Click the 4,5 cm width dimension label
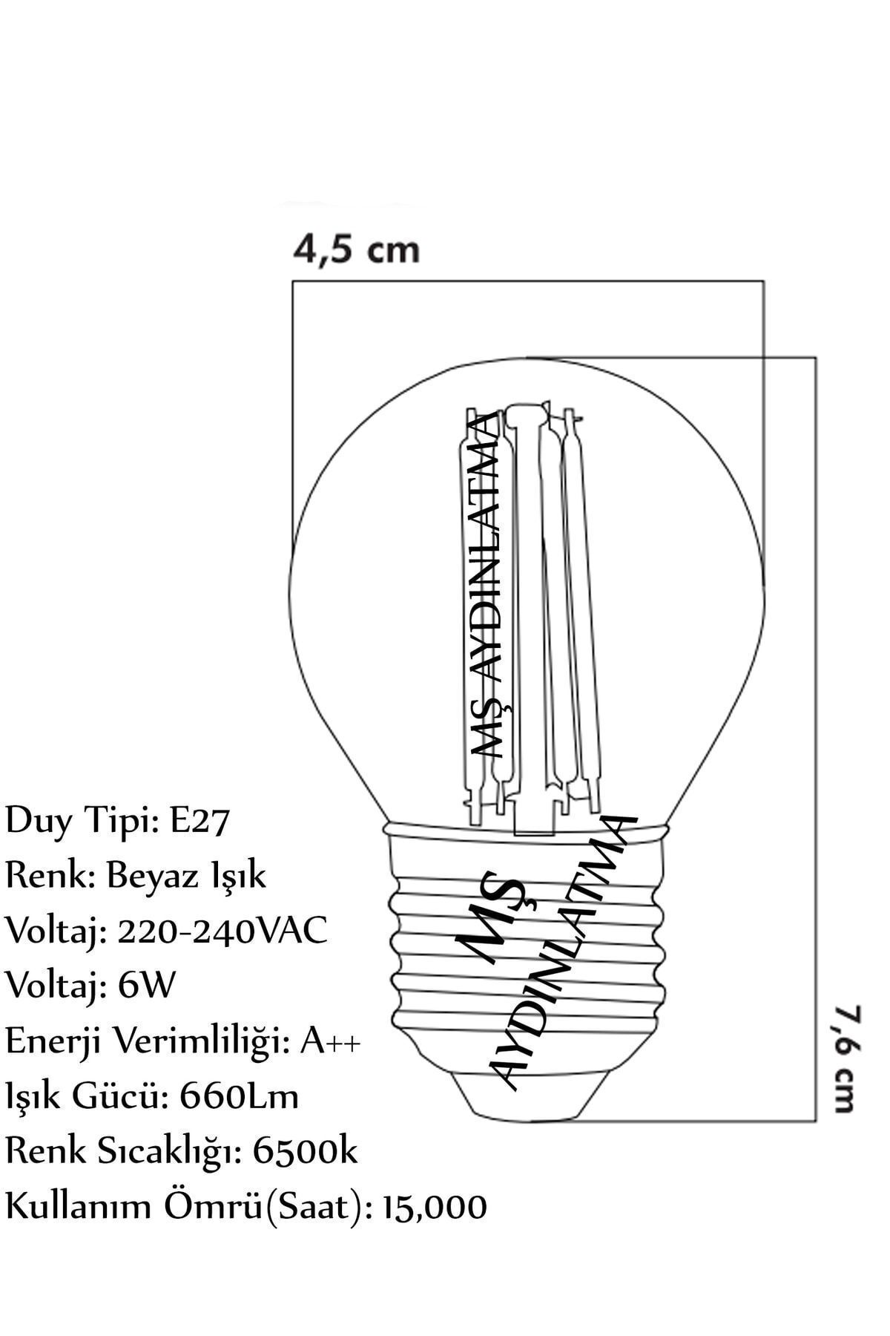357,249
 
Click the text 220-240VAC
222,931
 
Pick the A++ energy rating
331,1041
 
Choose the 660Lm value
240,1096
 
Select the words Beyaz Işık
186,876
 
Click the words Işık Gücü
88,1097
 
